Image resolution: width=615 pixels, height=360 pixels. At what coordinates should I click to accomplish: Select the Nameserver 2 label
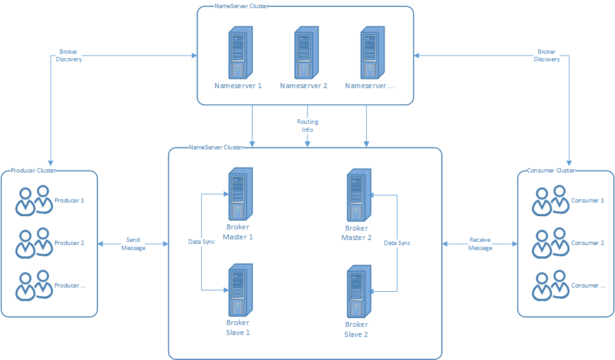pos(304,86)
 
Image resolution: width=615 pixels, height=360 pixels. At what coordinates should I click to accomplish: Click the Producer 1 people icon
pos(34,201)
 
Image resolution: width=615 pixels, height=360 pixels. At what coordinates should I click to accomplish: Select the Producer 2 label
pos(69,243)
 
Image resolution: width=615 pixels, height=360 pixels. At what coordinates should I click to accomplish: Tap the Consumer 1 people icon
pos(550,201)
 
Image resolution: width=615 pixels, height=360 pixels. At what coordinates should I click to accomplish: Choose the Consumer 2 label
pos(587,243)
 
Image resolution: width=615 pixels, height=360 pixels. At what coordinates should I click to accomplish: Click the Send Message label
pos(133,244)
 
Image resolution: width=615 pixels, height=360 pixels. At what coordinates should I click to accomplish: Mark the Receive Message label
pos(480,244)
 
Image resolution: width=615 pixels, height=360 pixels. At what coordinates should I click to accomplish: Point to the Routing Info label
pos(307,126)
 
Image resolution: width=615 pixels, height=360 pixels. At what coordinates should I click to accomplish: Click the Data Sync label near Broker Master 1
pos(202,241)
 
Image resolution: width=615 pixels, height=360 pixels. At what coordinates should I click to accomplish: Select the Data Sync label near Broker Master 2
pos(397,242)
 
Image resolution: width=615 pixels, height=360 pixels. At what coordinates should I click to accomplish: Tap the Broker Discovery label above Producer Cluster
pos(69,56)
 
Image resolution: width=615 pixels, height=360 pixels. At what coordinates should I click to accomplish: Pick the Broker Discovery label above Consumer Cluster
pos(547,56)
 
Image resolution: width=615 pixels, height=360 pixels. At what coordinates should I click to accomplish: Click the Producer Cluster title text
pos(33,171)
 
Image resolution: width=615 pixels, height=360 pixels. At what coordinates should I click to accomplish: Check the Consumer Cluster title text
pos(551,171)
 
